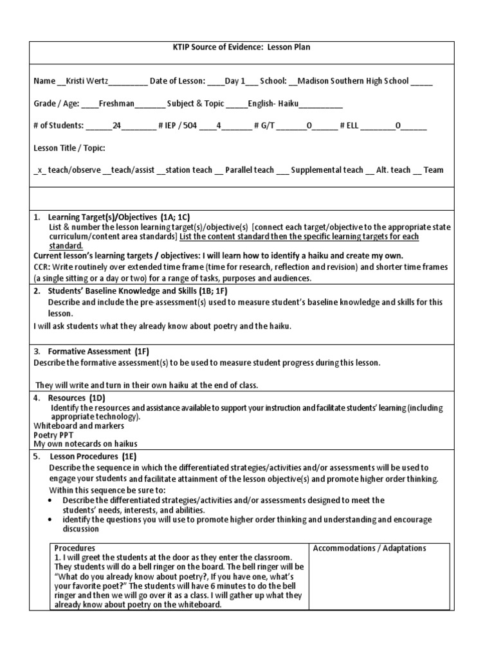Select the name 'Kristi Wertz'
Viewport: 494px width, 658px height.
[x=87, y=82]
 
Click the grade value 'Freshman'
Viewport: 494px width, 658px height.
[x=118, y=103]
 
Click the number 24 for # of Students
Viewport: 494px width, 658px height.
[x=116, y=126]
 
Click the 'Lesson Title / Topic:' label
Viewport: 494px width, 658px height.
[x=69, y=148]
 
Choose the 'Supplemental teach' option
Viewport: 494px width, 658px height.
[x=327, y=170]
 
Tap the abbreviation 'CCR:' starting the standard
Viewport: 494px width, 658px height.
[x=43, y=267]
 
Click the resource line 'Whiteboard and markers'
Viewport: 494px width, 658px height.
[x=78, y=425]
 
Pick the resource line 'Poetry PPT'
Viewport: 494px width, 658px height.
[x=53, y=434]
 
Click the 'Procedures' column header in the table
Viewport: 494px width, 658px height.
[x=75, y=548]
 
